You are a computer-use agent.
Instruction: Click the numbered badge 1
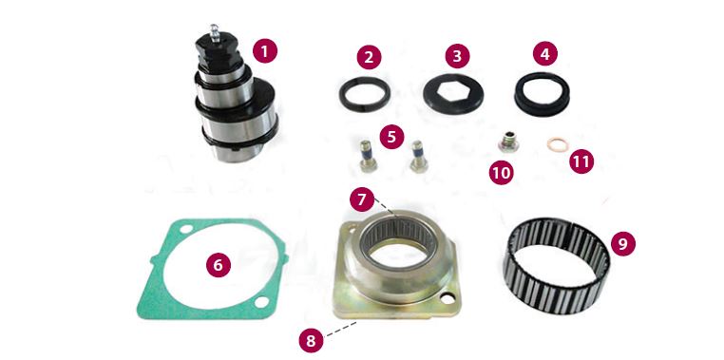[x=265, y=50]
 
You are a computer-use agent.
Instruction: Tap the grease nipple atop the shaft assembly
[x=214, y=33]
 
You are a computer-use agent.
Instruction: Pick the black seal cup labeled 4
[x=542, y=94]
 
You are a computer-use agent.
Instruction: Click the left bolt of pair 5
[x=368, y=156]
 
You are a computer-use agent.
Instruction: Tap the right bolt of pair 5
[x=418, y=156]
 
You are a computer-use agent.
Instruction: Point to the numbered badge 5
[x=391, y=137]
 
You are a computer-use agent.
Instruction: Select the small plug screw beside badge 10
[x=508, y=142]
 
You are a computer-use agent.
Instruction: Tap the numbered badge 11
[x=581, y=161]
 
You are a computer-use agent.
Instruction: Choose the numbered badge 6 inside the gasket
[x=218, y=265]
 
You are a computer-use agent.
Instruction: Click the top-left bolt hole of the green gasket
[x=185, y=229]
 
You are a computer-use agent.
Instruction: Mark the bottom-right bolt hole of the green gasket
[x=262, y=303]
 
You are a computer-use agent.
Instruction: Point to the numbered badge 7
[x=362, y=200]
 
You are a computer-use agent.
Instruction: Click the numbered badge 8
[x=311, y=341]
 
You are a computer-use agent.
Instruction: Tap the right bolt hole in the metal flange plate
[x=447, y=298]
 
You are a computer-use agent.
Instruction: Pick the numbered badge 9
[x=623, y=244]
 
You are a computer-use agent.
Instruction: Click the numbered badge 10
[x=502, y=173]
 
